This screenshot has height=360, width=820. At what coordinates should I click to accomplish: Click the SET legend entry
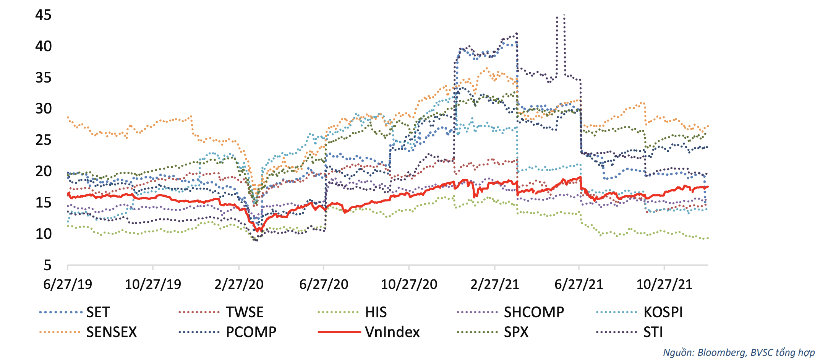[98, 312]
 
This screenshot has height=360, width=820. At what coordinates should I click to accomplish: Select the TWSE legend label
[245, 312]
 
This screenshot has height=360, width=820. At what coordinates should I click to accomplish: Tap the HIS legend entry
[376, 312]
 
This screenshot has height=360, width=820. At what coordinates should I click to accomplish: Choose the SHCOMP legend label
[534, 312]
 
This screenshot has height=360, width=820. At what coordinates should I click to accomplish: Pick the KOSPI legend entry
[663, 312]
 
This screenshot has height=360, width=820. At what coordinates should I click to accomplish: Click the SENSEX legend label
[111, 332]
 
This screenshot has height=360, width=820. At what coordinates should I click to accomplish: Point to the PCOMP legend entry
[251, 332]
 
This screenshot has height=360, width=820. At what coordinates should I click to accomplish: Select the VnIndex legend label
[392, 332]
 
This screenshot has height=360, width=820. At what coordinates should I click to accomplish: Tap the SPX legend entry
[516, 332]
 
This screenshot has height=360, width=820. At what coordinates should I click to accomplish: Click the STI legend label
[653, 332]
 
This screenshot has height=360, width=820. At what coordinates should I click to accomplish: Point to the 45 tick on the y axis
[43, 15]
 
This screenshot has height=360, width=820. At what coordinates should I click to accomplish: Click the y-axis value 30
[43, 109]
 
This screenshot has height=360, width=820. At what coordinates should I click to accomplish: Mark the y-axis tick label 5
[47, 265]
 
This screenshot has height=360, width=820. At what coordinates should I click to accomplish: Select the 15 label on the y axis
[43, 203]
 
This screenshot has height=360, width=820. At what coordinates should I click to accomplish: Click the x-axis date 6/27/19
[68, 284]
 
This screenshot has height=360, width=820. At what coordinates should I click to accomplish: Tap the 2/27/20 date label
[239, 284]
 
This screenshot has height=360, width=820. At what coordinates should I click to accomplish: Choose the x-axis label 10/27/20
[409, 284]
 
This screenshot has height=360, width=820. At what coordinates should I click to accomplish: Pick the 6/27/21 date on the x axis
[579, 284]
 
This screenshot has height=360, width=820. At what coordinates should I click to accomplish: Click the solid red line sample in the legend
[339, 332]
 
